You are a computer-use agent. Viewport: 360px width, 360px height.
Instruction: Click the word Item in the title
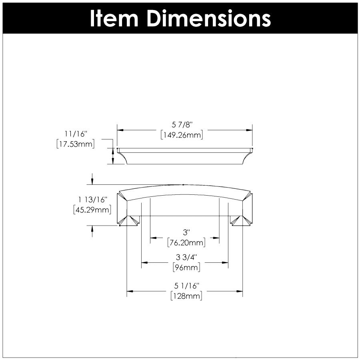114,18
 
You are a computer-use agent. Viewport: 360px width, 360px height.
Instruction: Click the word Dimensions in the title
208,18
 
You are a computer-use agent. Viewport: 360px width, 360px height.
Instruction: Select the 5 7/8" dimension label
184,126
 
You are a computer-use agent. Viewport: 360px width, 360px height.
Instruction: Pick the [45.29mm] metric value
92,210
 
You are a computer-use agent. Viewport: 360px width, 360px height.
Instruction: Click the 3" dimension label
185,232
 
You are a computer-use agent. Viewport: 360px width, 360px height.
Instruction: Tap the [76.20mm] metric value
185,242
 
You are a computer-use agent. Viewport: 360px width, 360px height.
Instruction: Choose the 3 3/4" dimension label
186,258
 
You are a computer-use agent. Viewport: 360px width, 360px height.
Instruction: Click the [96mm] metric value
186,268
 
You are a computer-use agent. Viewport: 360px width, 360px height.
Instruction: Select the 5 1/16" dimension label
186,286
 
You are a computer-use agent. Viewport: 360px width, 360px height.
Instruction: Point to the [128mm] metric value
186,296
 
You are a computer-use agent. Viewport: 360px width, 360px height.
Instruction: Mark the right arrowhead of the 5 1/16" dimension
240,291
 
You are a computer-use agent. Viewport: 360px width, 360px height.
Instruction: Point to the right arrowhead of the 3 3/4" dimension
225,263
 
